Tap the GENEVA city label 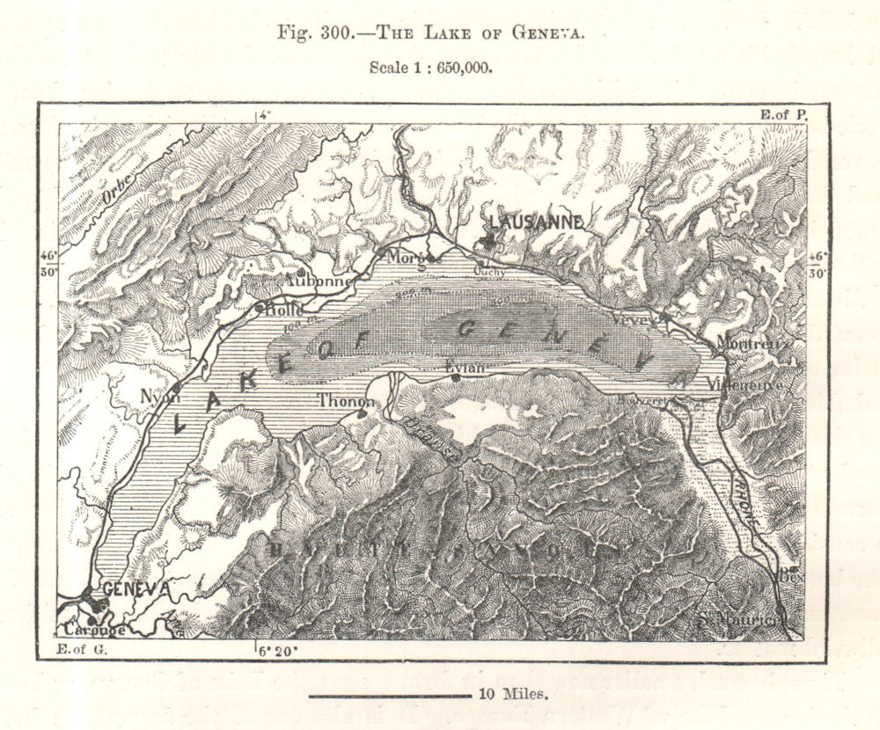[136, 588]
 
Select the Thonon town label [346, 401]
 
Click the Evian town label [466, 367]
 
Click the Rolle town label [284, 310]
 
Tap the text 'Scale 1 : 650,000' [429, 67]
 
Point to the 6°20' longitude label [277, 651]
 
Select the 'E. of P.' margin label [781, 113]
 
